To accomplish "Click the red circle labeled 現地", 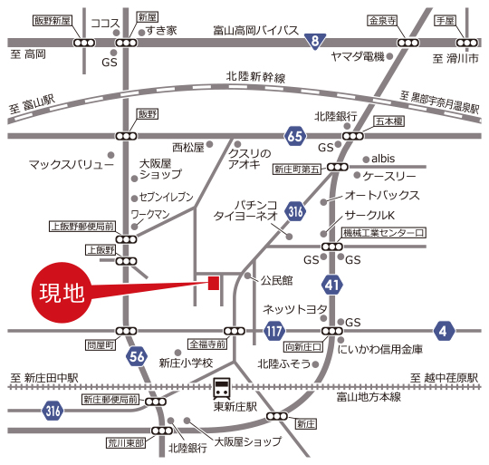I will (61, 293).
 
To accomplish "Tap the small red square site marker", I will (214, 283).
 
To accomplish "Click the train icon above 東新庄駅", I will (222, 389).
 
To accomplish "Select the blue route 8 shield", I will (314, 41).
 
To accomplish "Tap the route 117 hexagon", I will (274, 331).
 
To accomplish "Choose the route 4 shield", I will (444, 331).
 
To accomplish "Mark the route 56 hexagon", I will (137, 356).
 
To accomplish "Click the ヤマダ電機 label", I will (358, 56).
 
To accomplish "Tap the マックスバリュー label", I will (72, 165).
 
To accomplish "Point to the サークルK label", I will (370, 215).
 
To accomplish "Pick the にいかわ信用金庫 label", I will (379, 348).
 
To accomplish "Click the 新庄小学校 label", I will (185, 363).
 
